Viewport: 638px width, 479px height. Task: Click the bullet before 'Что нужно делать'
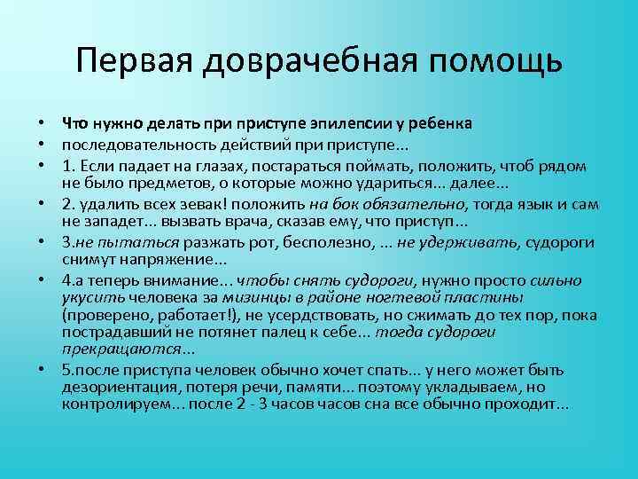tap(43, 122)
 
